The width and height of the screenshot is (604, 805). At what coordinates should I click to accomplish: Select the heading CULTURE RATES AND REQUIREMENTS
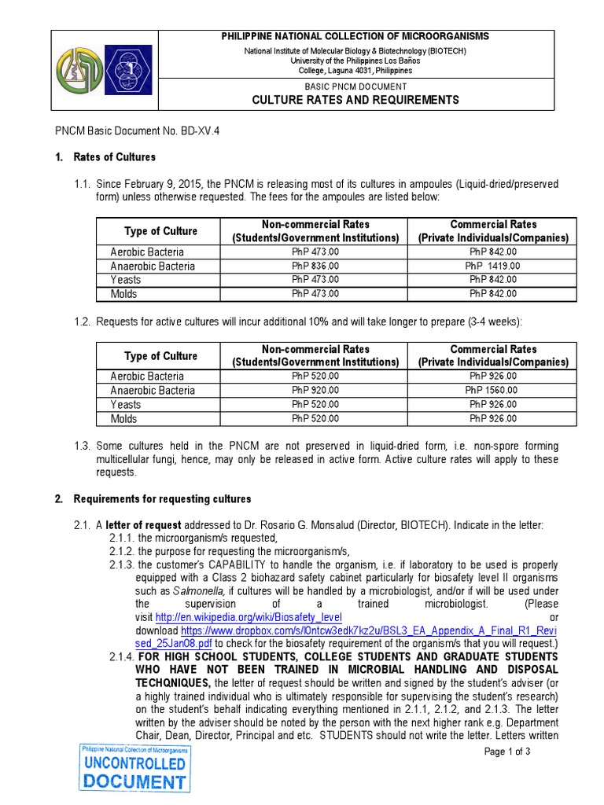pos(355,100)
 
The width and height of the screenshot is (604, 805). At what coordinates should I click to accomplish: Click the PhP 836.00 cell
pos(315,266)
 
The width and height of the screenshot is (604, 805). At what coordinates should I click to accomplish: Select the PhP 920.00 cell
pos(315,390)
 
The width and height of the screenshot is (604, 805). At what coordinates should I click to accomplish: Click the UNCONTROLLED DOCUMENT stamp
pos(134,768)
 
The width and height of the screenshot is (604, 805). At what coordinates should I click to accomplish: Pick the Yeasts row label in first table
pos(126,280)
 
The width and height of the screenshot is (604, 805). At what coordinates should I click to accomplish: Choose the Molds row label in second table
pos(124,418)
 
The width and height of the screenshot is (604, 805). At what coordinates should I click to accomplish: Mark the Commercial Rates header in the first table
pos(492,225)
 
